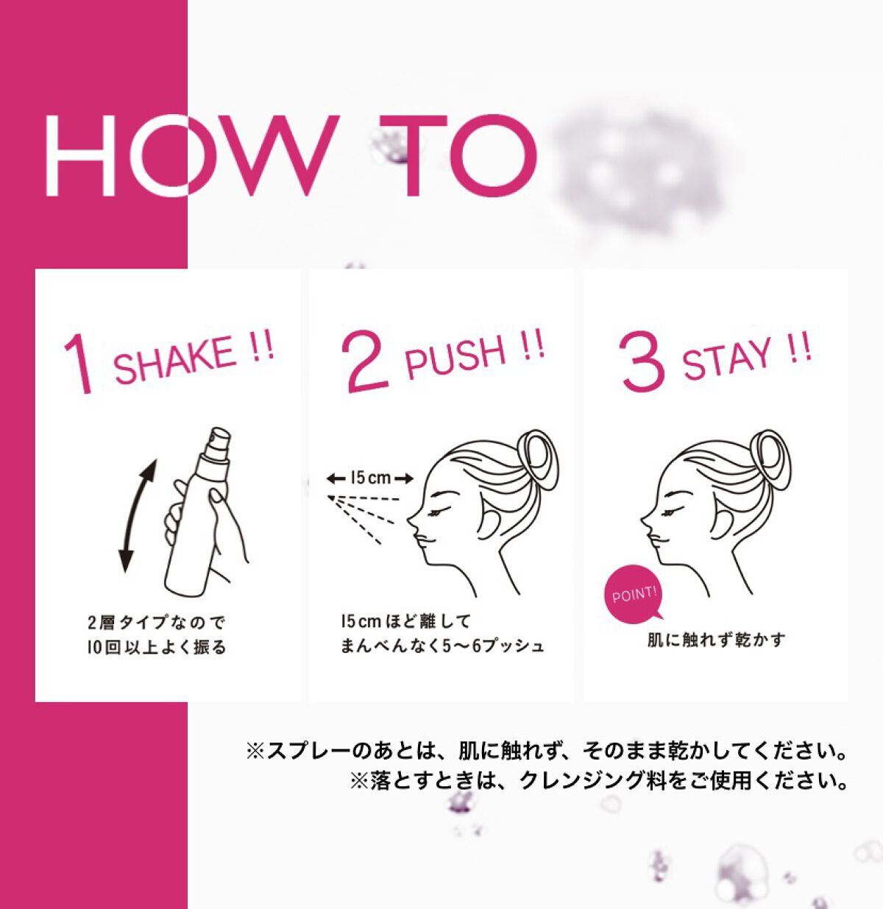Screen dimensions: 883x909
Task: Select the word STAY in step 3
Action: pyautogui.click(x=726, y=357)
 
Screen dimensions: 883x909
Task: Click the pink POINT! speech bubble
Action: pyautogui.click(x=634, y=595)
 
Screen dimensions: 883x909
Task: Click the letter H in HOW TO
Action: pyautogui.click(x=80, y=155)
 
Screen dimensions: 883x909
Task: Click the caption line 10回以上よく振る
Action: pyautogui.click(x=157, y=648)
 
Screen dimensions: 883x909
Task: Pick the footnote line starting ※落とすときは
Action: pyautogui.click(x=599, y=780)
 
